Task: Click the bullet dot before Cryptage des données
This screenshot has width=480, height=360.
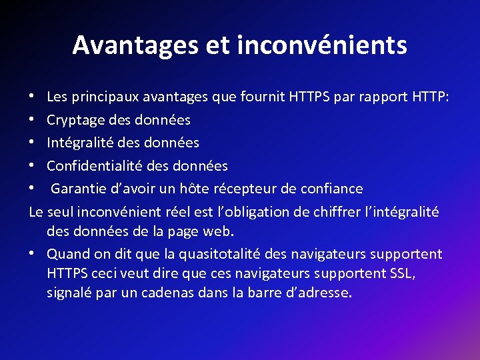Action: [x=32, y=121]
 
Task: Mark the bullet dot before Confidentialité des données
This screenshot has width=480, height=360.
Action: [x=32, y=166]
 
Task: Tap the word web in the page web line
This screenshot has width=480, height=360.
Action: [x=219, y=232]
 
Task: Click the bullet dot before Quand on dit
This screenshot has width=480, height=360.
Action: [x=32, y=255]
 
